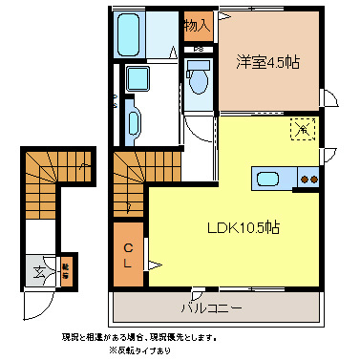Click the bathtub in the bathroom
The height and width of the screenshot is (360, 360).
(x=130, y=35)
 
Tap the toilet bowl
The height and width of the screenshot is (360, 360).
(x=199, y=82)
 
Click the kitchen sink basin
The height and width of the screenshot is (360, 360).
(x=265, y=178)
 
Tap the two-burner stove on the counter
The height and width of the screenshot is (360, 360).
(x=308, y=178)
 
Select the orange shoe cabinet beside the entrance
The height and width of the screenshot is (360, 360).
(x=67, y=268)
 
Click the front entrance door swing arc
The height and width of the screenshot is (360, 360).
(x=38, y=306)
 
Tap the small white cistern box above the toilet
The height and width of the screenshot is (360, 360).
(x=199, y=64)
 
